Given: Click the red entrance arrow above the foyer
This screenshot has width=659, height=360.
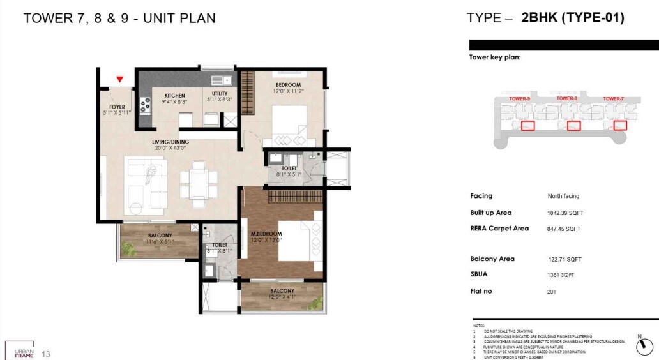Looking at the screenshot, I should (119, 80).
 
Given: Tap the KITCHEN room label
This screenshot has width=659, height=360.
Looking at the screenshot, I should (174, 96).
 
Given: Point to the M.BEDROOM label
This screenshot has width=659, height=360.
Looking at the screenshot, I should (266, 234).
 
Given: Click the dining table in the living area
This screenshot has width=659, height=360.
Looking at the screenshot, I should (193, 181).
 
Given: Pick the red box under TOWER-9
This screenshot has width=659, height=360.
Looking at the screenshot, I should (527, 126).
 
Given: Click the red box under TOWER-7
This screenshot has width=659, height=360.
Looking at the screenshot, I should (619, 126).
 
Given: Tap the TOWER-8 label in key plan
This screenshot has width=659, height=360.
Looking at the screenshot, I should (567, 99).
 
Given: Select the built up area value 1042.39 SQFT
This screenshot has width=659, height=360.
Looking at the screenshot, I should (564, 213).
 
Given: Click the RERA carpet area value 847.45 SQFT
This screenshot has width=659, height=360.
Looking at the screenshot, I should (564, 229).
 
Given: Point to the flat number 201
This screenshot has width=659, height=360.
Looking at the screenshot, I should (552, 291).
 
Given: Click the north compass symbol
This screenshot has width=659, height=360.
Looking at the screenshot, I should (645, 347).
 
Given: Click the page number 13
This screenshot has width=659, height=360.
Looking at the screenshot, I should (45, 354).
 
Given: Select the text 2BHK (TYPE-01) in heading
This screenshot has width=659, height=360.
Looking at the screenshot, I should (573, 18).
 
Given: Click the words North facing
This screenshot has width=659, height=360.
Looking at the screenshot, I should (563, 196).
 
